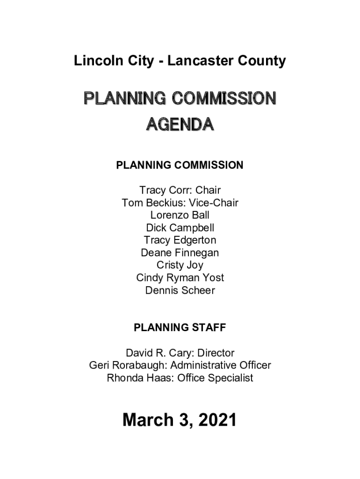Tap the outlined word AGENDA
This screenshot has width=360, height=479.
180,124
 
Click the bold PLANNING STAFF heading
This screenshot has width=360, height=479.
180,327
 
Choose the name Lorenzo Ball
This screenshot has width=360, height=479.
180,216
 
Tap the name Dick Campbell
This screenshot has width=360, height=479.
180,228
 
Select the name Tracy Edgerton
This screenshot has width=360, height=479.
180,240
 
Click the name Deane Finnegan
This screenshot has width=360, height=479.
180,253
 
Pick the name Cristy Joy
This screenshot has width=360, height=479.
180,265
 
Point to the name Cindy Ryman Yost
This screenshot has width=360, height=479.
180,278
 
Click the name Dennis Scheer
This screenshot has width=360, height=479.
180,290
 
